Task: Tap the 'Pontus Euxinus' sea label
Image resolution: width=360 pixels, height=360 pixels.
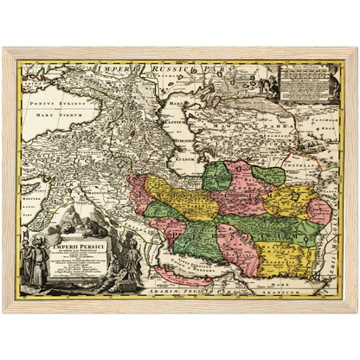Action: click(53, 101)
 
